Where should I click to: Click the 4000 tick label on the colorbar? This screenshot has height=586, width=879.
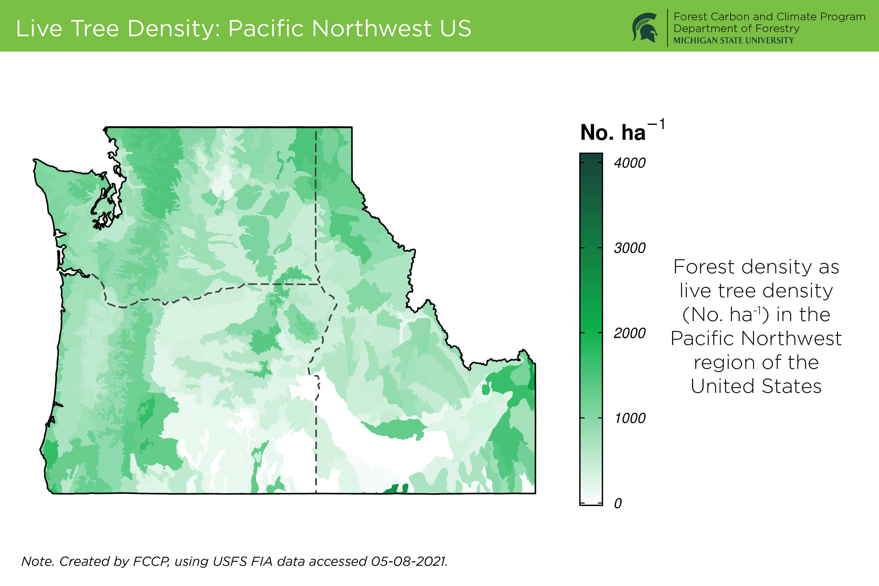(x=630, y=163)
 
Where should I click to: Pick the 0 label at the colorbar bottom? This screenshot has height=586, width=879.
(x=618, y=503)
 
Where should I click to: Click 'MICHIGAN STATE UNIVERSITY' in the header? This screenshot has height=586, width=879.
(x=734, y=40)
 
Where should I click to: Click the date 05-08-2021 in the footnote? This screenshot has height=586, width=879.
(x=409, y=561)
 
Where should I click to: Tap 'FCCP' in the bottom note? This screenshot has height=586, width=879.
(x=151, y=561)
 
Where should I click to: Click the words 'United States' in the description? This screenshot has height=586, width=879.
(x=756, y=386)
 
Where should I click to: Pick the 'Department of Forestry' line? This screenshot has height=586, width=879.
(x=736, y=29)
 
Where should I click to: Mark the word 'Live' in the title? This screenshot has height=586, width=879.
(x=39, y=28)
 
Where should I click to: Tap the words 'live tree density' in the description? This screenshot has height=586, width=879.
(x=756, y=291)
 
